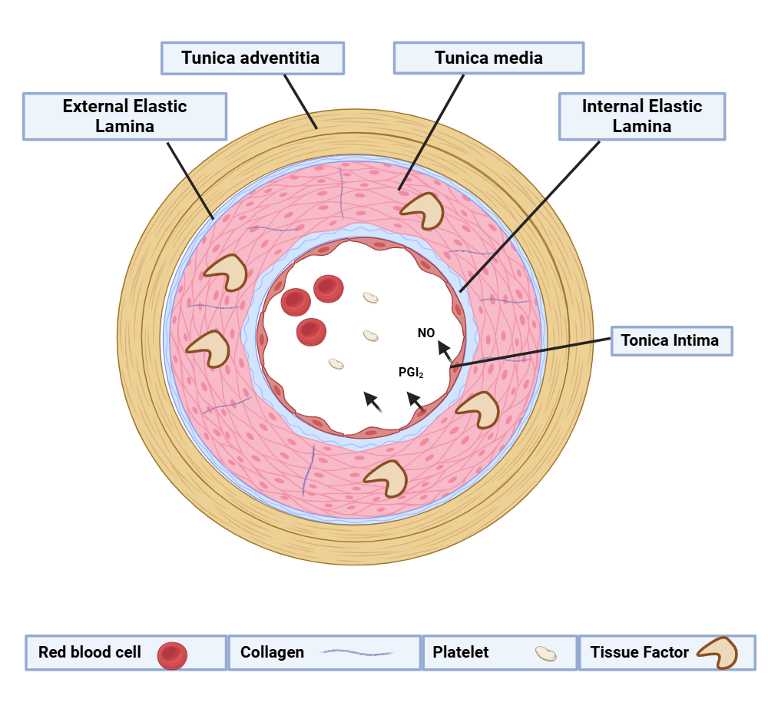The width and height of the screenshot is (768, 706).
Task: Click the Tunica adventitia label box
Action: (251, 58)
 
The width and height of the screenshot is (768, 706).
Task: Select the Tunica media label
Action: (488, 58)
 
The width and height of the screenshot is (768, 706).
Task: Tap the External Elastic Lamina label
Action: (124, 116)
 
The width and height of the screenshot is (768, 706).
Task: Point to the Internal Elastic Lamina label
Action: (641, 116)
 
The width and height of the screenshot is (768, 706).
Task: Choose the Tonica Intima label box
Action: (671, 340)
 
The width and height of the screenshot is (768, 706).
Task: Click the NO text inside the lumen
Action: (426, 333)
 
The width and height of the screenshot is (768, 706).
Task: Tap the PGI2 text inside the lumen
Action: (411, 373)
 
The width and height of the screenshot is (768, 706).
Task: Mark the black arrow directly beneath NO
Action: (445, 351)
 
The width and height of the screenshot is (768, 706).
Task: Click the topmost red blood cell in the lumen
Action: (328, 288)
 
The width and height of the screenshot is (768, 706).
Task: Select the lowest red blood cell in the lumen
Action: (311, 331)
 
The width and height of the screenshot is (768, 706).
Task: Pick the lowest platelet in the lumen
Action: (336, 363)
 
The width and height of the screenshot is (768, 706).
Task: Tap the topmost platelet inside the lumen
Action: (371, 297)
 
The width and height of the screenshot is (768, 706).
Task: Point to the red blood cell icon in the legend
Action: (172, 655)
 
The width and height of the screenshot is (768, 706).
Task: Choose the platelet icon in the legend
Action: (545, 654)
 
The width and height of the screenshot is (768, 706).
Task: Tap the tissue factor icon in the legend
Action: (717, 653)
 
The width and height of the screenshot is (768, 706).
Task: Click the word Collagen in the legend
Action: (272, 652)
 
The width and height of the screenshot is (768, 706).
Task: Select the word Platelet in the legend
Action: (460, 652)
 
